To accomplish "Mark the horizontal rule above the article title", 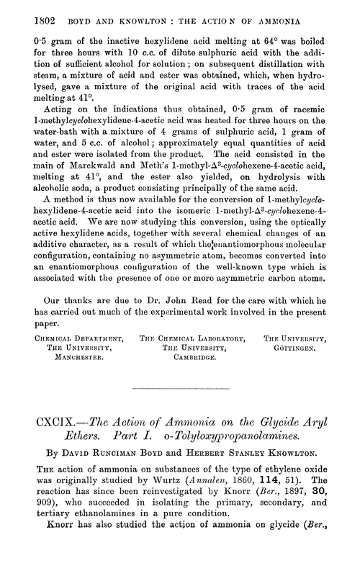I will (179, 389).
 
